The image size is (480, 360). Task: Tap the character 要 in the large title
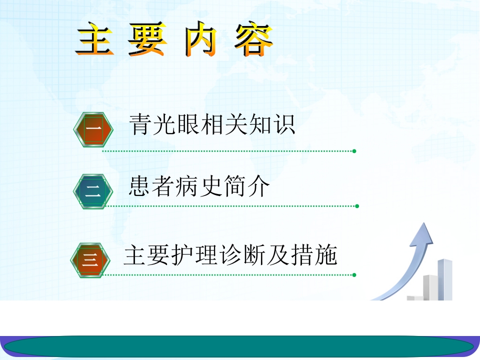pyautogui.click(x=146, y=38)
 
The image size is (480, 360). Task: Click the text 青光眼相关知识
pyautogui.click(x=212, y=125)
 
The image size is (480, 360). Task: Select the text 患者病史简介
pyautogui.click(x=199, y=187)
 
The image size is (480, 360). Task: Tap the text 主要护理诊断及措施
pyautogui.click(x=230, y=255)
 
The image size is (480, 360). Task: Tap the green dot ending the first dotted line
pyautogui.click(x=354, y=150)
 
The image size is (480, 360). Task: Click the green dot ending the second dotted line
pyautogui.click(x=356, y=205)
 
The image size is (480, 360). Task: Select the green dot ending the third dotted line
pyautogui.click(x=354, y=274)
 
